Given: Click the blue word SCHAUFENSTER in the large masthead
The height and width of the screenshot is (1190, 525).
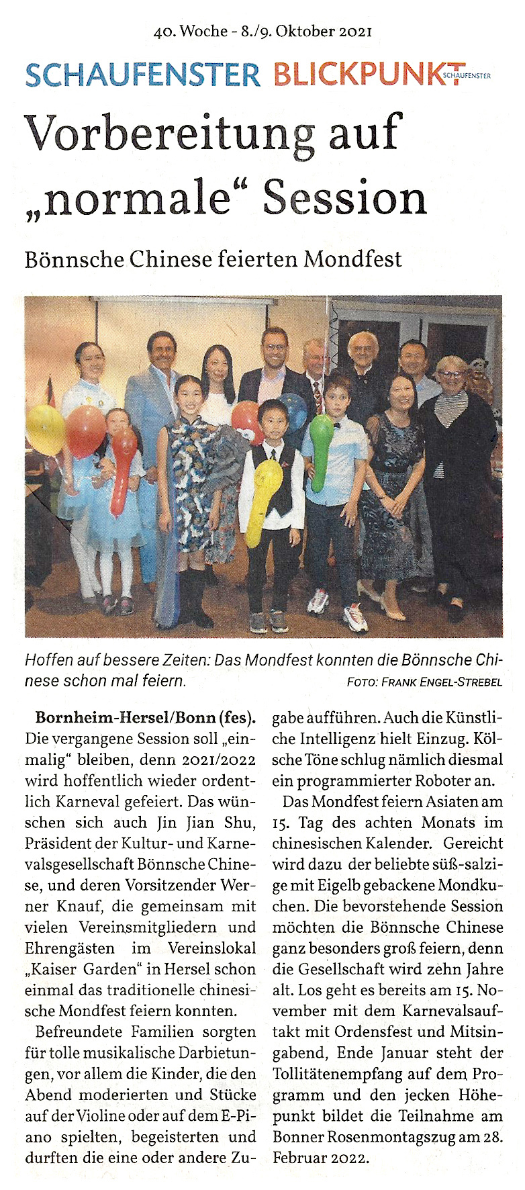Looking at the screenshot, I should [142, 74].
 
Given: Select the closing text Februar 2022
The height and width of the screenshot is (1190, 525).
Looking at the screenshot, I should [320, 1158].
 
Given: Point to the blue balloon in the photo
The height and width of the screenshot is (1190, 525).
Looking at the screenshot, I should [293, 410].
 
